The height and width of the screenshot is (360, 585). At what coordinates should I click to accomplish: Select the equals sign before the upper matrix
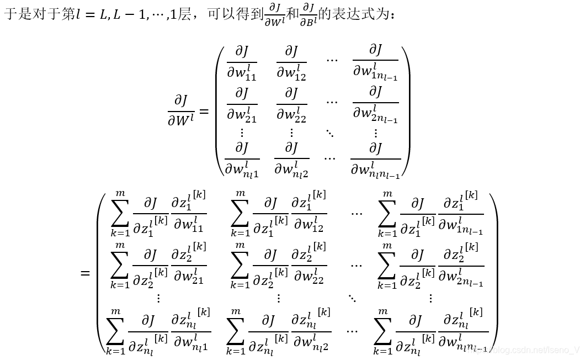click(x=204, y=111)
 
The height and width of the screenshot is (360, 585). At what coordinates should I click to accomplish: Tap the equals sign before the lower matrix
click(x=85, y=273)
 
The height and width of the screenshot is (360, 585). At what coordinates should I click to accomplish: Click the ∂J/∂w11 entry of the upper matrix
click(x=242, y=63)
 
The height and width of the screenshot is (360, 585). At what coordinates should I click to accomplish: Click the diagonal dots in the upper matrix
click(x=330, y=133)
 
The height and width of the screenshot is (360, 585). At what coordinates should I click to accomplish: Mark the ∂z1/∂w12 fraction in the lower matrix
click(x=309, y=213)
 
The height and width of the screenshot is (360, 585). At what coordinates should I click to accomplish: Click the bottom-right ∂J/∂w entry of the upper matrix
click(x=375, y=159)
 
